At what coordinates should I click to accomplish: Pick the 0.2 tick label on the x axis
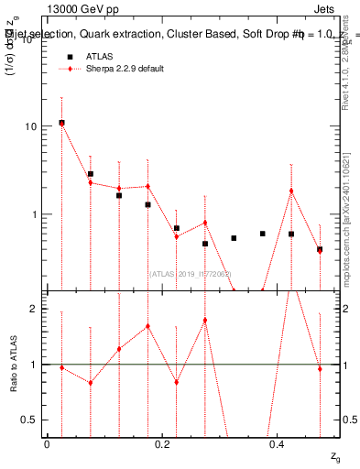[x=161, y=444]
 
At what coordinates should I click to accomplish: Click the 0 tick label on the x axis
[x=47, y=444]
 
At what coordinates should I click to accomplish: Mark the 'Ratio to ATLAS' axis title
[x=13, y=364]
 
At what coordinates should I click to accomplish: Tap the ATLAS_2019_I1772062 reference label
[x=191, y=273]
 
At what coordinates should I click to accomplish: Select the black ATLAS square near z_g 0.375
[x=262, y=234]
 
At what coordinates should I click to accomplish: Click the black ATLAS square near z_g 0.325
[x=234, y=238]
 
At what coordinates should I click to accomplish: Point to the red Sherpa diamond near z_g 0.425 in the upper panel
[x=291, y=191]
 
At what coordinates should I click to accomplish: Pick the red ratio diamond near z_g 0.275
[x=205, y=320]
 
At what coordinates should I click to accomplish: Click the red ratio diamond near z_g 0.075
[x=90, y=382]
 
